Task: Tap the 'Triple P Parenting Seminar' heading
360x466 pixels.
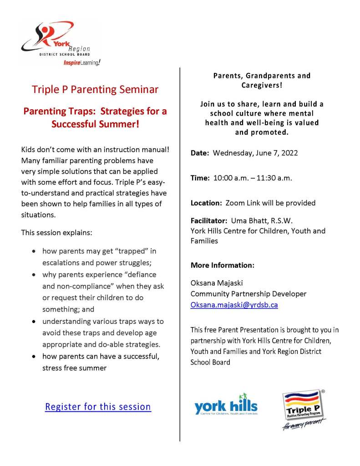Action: pyautogui.click(x=95, y=89)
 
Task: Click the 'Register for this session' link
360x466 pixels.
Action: pyautogui.click(x=98, y=406)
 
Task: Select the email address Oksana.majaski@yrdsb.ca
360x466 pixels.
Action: pyautogui.click(x=234, y=305)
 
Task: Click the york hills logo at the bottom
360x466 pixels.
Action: pyautogui.click(x=226, y=405)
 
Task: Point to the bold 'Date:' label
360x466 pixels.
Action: pyautogui.click(x=200, y=153)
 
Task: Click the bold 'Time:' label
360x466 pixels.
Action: pyautogui.click(x=200, y=178)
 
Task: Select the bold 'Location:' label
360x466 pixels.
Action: pyautogui.click(x=205, y=203)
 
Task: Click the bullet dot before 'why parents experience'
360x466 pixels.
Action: pyautogui.click(x=35, y=275)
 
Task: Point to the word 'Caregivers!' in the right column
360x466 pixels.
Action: pyautogui.click(x=262, y=85)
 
